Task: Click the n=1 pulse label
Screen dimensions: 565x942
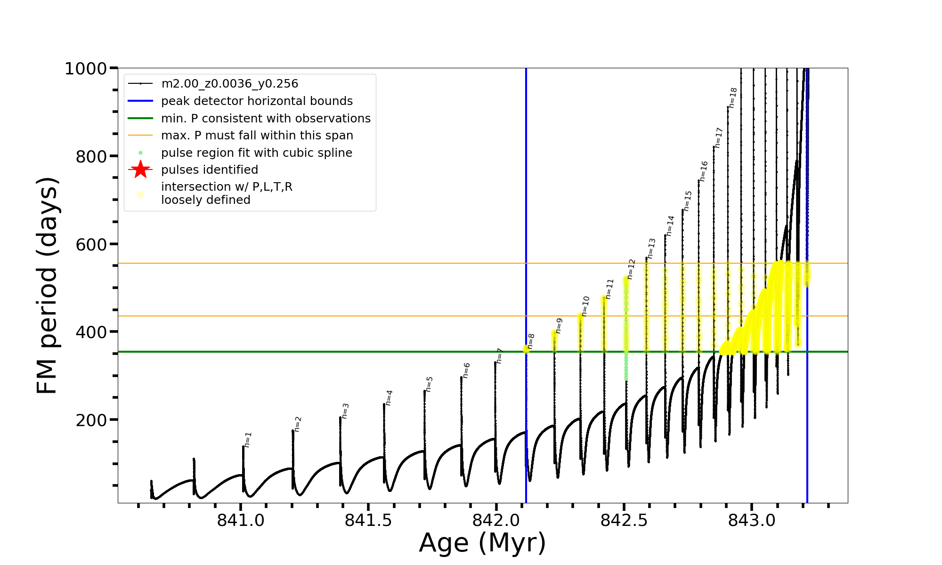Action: pos(248,439)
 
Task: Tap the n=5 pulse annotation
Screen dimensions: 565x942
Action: pos(429,384)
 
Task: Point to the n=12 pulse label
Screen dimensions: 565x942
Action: pos(631,269)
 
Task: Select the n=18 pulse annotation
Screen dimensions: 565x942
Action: pos(733,97)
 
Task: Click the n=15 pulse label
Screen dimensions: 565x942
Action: pos(688,201)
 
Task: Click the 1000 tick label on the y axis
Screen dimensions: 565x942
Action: pos(86,69)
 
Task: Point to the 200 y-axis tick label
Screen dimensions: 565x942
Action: pos(91,420)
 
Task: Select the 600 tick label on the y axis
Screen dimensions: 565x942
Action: pos(91,244)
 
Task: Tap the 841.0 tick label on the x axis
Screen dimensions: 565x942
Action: pos(241,520)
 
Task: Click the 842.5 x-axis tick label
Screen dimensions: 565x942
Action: pos(624,520)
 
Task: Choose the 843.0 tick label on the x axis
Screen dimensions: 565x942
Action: pos(752,520)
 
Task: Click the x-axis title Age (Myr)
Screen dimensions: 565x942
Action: pos(482,543)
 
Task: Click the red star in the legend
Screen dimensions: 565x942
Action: pos(140,169)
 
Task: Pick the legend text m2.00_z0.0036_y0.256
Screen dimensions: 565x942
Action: pos(230,84)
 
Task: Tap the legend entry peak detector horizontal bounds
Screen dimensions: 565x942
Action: pos(257,101)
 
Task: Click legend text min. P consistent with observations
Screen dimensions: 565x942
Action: pos(266,118)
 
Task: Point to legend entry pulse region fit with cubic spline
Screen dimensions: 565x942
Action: pos(256,153)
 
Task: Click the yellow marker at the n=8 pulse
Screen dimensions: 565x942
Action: pos(526,349)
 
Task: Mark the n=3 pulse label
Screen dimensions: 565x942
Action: pos(345,411)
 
